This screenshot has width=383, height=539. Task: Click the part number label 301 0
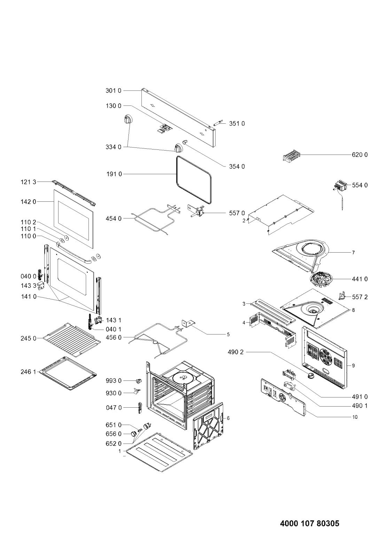click(x=113, y=91)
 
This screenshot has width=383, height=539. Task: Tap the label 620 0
click(x=359, y=154)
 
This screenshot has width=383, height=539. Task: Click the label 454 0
click(x=114, y=218)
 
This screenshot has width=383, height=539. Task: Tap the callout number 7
click(x=353, y=252)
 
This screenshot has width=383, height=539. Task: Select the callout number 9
click(x=353, y=365)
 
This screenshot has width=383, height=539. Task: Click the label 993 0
click(x=114, y=381)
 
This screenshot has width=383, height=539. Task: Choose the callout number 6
click(x=228, y=418)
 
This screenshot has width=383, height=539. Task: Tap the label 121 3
click(x=28, y=182)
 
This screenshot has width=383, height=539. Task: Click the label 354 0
click(x=237, y=167)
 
